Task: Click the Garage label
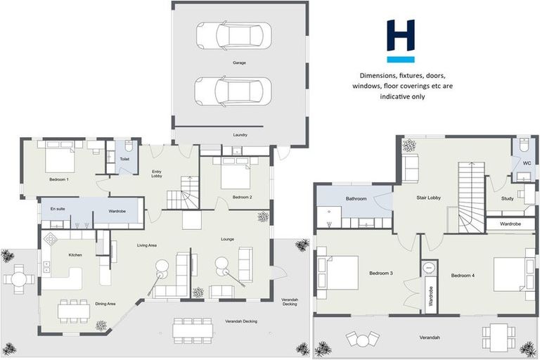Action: (240, 63)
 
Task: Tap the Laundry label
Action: (240, 134)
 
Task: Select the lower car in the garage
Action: (233, 91)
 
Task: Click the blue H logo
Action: (401, 41)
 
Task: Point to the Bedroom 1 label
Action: (58, 180)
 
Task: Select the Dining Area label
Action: (105, 304)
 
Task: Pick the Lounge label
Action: (227, 240)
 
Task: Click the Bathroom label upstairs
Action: (356, 199)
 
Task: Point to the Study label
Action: (508, 198)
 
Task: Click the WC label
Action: (526, 163)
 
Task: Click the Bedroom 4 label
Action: (464, 275)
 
